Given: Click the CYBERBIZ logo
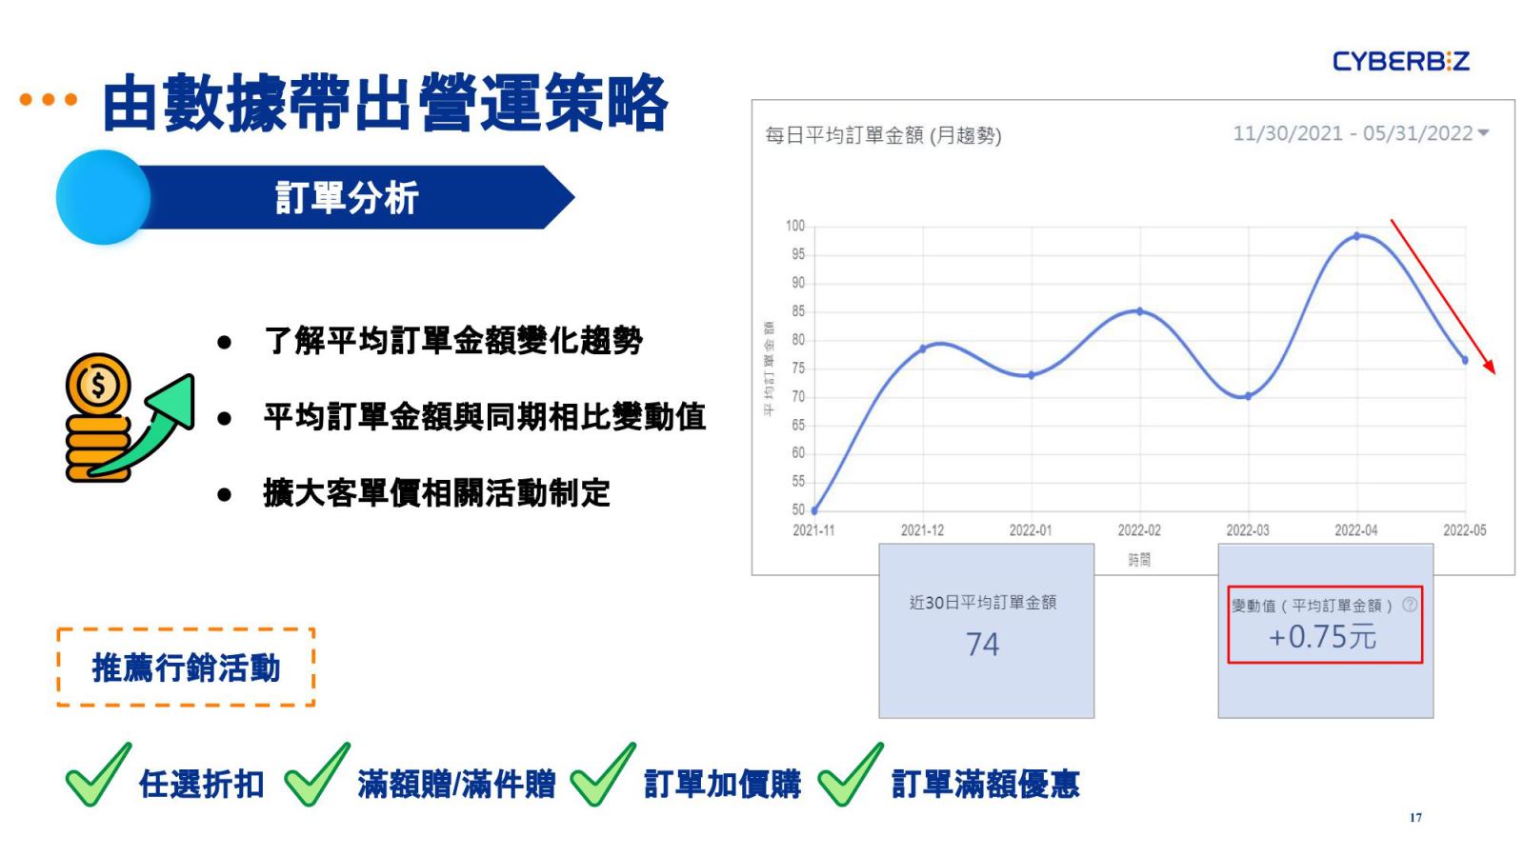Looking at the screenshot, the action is coord(1401,61).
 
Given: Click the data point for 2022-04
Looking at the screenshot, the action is coord(1356,236).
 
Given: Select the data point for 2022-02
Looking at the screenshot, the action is coord(1140,311).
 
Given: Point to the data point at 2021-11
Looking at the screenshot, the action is coord(814,510).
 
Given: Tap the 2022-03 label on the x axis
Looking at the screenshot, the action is coord(1247,530).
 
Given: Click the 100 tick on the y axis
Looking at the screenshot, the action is coord(794,226).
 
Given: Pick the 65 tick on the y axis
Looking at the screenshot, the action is coord(798,425).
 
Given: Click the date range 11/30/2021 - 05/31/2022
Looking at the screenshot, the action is coord(1353,133).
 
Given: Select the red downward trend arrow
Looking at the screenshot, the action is coord(1443,296).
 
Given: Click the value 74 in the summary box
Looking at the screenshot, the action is coord(982,644).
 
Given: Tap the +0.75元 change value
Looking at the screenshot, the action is coord(1322,637).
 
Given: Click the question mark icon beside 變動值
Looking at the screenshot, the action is coord(1410,604).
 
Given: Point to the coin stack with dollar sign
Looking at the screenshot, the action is coord(99,418).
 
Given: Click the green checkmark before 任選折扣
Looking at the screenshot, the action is coord(99,775).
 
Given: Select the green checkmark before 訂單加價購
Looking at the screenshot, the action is coord(603,775).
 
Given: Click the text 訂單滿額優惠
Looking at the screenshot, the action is coord(985,784).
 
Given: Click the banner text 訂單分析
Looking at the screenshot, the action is coord(347,198).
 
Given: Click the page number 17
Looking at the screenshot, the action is coord(1415,818).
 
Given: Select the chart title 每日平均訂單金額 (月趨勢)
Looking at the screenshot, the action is coord(883,135).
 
